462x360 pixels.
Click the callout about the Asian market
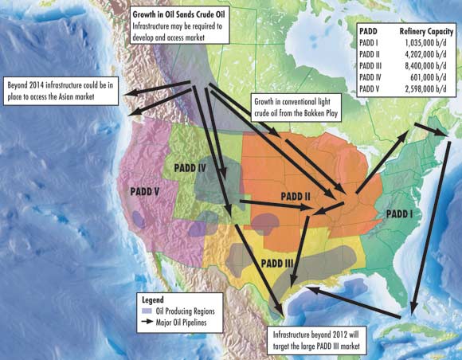coord(61,92)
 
